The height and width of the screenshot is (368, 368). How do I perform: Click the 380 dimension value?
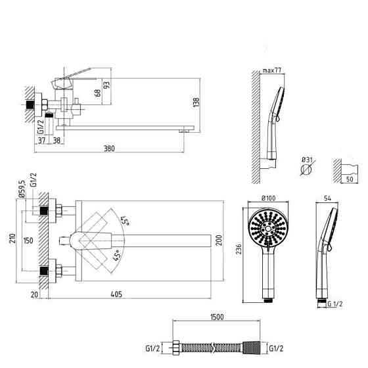[109, 149]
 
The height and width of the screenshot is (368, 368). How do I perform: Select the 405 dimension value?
[116, 294]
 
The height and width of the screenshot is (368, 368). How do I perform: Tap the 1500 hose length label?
[217, 317]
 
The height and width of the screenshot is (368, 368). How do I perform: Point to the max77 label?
[271, 70]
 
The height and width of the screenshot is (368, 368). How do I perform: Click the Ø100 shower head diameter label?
[268, 198]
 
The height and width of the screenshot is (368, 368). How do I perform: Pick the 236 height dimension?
[239, 249]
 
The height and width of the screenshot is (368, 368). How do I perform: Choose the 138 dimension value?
[196, 103]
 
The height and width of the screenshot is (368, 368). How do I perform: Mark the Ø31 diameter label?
[308, 160]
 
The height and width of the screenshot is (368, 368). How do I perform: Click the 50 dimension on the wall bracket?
[350, 179]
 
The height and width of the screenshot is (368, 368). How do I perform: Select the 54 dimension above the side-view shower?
[327, 198]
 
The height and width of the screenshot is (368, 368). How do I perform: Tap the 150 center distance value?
[28, 241]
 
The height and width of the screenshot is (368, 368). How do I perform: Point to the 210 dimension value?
[12, 238]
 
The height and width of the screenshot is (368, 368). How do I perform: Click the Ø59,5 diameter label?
[22, 189]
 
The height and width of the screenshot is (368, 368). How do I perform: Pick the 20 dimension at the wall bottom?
[34, 295]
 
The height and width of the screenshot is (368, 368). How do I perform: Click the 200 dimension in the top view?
[219, 240]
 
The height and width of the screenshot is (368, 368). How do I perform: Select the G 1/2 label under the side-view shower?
[335, 304]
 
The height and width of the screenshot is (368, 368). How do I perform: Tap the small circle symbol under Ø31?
[306, 170]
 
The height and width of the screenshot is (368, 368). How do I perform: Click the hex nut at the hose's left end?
[176, 348]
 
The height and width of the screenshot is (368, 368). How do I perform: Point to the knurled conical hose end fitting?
[251, 348]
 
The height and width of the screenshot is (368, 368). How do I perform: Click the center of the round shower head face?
[268, 228]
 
